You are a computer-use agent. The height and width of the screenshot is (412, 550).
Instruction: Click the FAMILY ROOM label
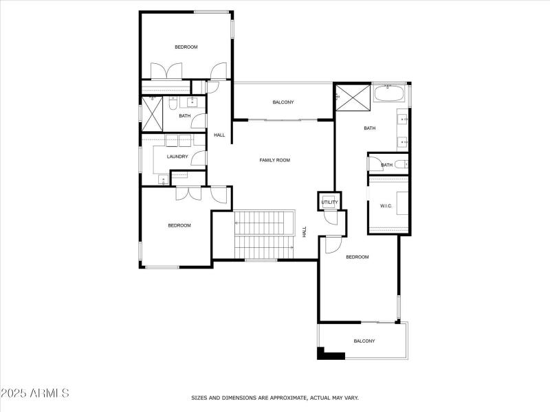274,160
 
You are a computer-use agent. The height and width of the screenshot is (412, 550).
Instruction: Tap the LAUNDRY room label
177,157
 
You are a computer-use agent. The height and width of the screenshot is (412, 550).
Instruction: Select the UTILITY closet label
330,203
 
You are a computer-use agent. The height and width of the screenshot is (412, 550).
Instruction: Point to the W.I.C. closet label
386,205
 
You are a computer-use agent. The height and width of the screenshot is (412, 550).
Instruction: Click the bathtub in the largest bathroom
390,93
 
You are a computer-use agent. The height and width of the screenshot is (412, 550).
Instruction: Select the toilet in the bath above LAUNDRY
173,103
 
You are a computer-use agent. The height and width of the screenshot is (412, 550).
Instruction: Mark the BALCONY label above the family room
283,102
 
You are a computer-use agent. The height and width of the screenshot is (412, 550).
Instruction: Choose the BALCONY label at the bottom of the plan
364,341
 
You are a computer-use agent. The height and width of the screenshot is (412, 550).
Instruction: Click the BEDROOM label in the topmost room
186,47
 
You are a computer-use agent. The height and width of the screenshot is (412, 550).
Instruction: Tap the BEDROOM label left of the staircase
179,225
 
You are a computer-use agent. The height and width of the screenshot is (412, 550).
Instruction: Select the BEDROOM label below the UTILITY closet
357,257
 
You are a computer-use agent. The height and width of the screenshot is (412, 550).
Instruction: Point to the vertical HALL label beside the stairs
305,233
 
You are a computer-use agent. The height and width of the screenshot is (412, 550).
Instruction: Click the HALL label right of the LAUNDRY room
219,135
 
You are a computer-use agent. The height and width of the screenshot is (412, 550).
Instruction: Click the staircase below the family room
264,236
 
